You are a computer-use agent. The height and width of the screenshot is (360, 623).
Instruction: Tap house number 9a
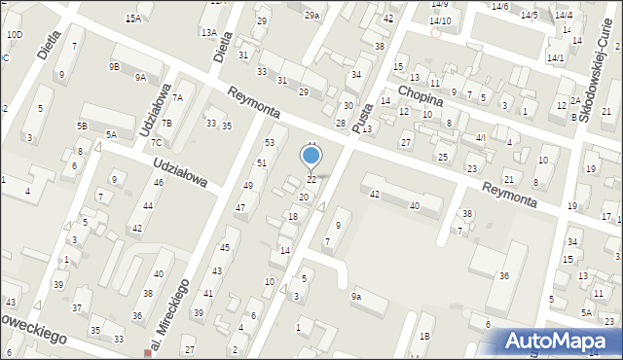coord(356,296)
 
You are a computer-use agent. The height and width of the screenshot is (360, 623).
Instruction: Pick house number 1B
coord(424,336)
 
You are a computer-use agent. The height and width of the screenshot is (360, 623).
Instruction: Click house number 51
coord(262,162)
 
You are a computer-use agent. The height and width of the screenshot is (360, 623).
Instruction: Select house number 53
coord(270,143)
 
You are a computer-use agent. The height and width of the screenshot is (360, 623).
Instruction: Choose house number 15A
coord(133,18)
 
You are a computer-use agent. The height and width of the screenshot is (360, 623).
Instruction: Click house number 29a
coord(311,16)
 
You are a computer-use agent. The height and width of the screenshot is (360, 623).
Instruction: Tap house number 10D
coord(15,35)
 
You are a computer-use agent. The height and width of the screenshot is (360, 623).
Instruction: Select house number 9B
coord(114,66)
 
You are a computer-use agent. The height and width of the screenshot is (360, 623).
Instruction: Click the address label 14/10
coord(440,20)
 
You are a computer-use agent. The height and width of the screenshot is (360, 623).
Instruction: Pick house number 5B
coord(83,126)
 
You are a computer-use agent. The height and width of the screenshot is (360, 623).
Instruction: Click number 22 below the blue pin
coord(311,180)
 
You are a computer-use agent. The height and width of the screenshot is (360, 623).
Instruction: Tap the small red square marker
coord(148,353)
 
